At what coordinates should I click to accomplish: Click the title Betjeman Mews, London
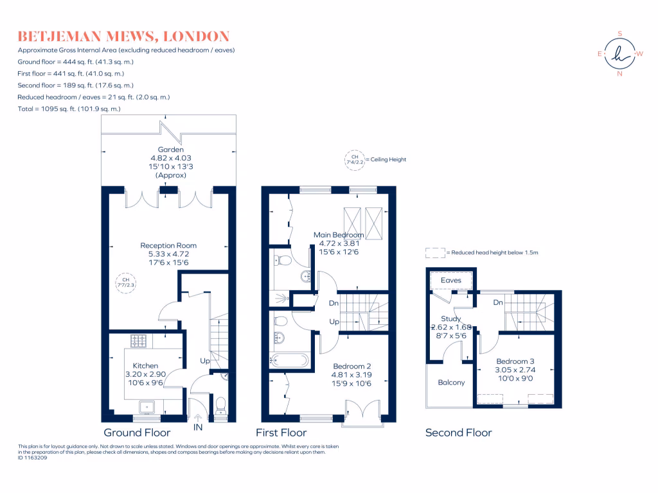coord(123,36)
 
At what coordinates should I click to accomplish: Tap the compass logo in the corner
coord(619,54)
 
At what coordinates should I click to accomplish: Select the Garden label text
coord(167,150)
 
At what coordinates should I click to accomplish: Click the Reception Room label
coord(168,245)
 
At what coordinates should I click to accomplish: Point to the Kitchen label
coord(145,365)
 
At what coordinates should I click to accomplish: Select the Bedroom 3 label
coord(515,361)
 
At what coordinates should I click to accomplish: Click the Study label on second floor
coord(451,318)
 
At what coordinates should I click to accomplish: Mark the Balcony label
coord(451,383)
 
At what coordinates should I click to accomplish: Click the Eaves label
coord(451,281)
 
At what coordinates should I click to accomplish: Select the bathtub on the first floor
coord(290,359)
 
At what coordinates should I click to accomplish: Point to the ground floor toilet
coord(220,404)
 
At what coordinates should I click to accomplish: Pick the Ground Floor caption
coord(137,433)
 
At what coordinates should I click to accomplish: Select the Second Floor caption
coord(458,433)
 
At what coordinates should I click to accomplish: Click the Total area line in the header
coord(69,109)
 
